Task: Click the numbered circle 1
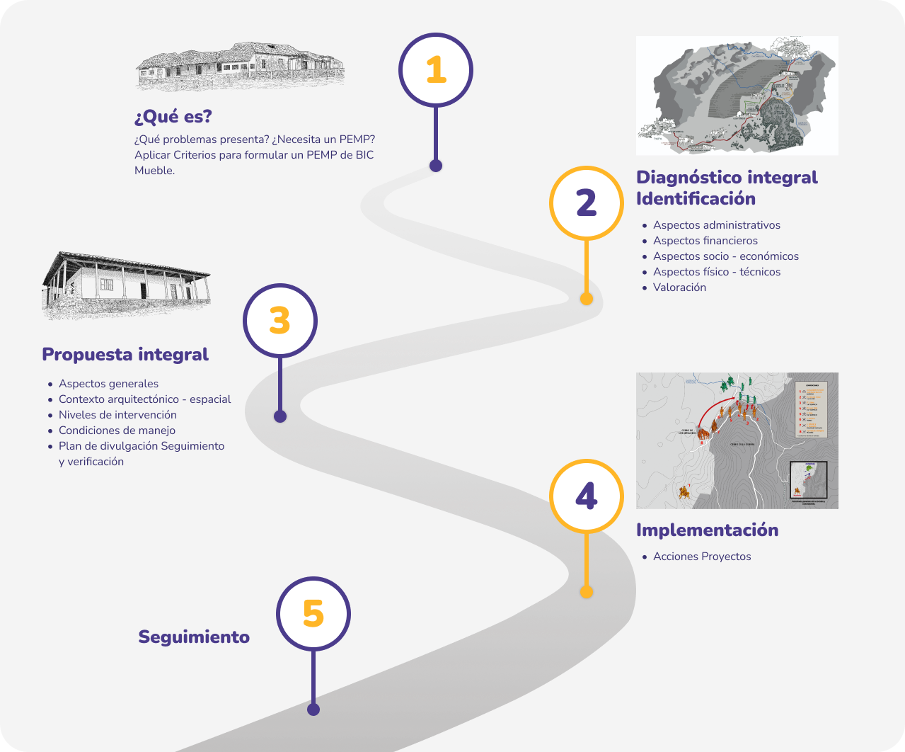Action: click(x=436, y=70)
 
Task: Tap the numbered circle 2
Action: click(x=587, y=203)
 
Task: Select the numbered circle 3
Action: click(x=280, y=321)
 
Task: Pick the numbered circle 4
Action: click(x=587, y=496)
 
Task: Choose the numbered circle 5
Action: click(x=313, y=613)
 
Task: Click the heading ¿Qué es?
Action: click(x=173, y=117)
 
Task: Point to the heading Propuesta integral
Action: click(x=125, y=354)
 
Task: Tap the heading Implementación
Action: click(x=707, y=530)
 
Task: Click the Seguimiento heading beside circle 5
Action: click(x=194, y=637)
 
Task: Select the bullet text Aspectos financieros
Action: click(x=705, y=241)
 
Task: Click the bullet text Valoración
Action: click(x=679, y=287)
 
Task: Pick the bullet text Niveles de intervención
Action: click(x=117, y=415)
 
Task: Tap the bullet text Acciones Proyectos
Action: click(x=702, y=557)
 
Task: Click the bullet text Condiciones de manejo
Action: click(x=117, y=431)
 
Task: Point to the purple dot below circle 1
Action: click(x=436, y=166)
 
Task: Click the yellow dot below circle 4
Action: click(x=586, y=591)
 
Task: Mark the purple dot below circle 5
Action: click(x=313, y=709)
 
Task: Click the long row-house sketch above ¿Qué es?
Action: click(x=239, y=66)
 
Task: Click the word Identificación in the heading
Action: click(x=696, y=199)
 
